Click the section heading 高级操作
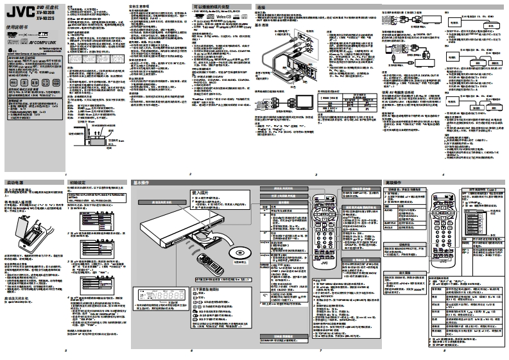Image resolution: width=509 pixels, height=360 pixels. coord(394,183)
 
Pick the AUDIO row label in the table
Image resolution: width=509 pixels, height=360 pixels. coord(389,209)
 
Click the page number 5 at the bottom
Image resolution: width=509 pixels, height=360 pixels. coord(66,350)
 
